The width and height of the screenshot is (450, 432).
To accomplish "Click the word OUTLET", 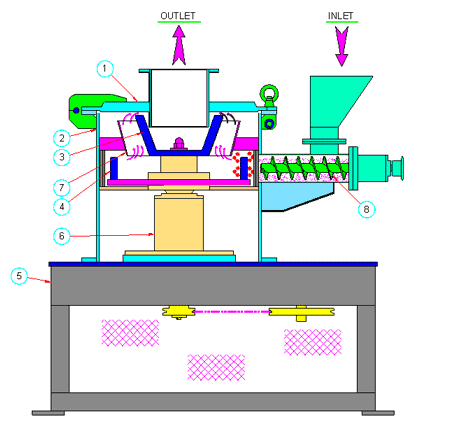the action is [178, 16].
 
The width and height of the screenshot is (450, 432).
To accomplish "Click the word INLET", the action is [340, 16].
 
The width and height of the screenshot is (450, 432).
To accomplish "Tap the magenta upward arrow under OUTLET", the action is [179, 45].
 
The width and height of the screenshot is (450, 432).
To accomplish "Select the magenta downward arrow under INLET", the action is [342, 46].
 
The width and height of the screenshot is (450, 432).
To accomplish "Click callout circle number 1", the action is [105, 69].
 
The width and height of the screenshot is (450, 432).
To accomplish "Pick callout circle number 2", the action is [62, 138].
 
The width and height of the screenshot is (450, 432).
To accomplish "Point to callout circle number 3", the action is [62, 157].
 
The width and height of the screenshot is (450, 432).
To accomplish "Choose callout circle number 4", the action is [62, 207].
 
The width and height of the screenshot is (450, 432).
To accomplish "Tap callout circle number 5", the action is [19, 276].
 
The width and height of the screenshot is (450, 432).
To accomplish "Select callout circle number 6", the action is [62, 236].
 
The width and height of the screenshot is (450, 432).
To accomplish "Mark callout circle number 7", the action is [62, 187].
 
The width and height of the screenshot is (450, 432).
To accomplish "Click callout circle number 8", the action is [366, 209].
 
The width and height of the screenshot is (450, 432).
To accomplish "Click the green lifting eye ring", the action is [269, 93].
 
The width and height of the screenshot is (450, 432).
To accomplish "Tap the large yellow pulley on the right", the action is [302, 312].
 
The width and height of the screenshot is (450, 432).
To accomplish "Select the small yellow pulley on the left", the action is [179, 312].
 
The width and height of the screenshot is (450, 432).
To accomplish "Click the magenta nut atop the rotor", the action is [179, 144].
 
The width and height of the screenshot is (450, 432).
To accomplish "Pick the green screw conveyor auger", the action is [305, 168].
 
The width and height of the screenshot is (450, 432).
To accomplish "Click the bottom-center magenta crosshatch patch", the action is [216, 367].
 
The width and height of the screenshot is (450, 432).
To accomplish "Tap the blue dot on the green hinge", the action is [76, 110].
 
